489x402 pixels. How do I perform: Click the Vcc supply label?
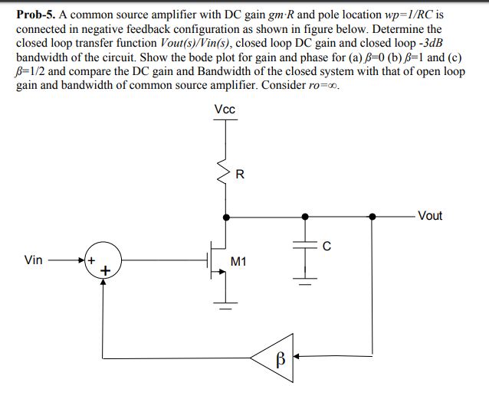(x=225, y=109)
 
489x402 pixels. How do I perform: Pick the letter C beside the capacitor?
(x=327, y=246)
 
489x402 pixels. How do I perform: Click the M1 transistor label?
(x=238, y=263)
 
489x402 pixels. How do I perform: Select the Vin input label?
(x=34, y=260)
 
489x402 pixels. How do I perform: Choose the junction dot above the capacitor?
(x=305, y=217)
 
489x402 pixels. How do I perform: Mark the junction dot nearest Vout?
(x=372, y=217)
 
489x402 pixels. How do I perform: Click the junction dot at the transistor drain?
(x=225, y=217)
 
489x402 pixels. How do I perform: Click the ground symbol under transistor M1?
(x=225, y=309)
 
